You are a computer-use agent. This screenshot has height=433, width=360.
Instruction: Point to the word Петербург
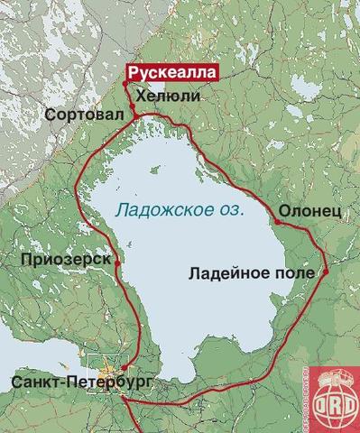click(x=103, y=383)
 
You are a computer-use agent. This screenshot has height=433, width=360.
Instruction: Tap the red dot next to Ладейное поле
click(x=325, y=272)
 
